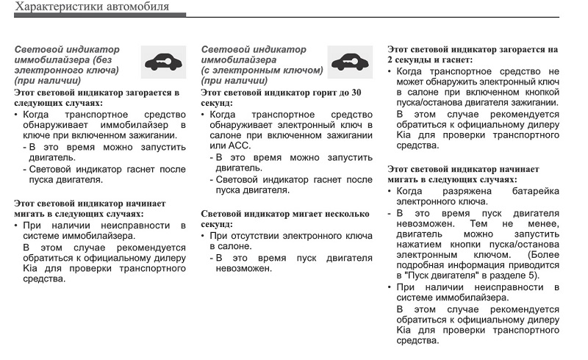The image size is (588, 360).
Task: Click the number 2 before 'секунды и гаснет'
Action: click(x=391, y=60)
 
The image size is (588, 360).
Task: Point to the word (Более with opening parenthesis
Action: click(x=542, y=253)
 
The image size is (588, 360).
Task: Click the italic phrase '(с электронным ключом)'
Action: click(x=262, y=71)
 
